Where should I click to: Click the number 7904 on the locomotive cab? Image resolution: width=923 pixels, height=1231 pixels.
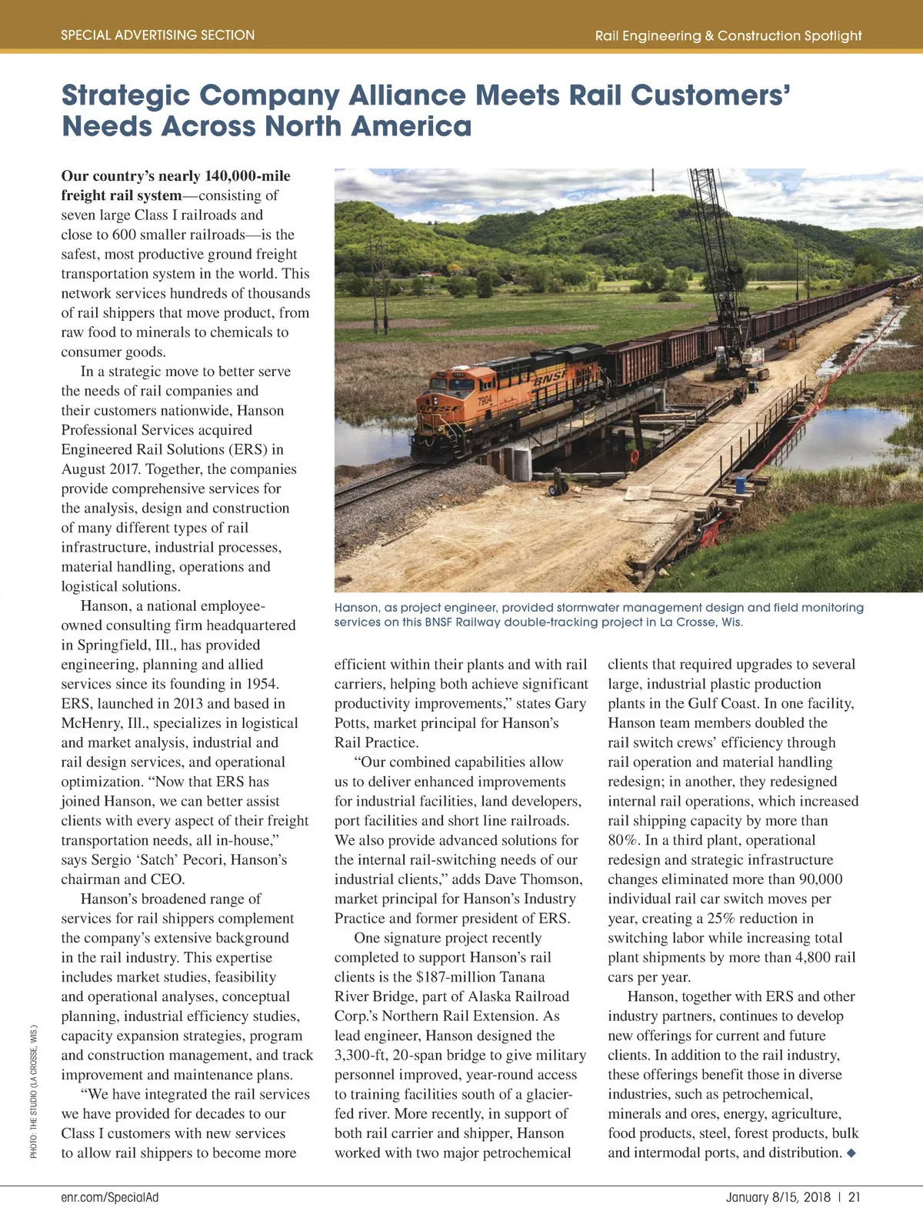485,400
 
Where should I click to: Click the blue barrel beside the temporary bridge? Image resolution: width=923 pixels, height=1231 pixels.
740,485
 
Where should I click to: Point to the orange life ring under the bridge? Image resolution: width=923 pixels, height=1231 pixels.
634,456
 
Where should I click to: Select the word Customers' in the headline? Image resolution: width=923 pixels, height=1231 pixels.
711,95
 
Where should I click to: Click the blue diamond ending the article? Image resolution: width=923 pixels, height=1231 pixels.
851,1153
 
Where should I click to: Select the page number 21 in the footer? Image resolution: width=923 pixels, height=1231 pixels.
855,1197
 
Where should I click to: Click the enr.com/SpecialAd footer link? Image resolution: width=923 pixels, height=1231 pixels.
110,1197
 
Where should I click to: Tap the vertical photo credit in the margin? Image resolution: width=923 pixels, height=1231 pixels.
34,1089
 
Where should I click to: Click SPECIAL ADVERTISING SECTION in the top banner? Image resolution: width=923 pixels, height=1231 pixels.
158,35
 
